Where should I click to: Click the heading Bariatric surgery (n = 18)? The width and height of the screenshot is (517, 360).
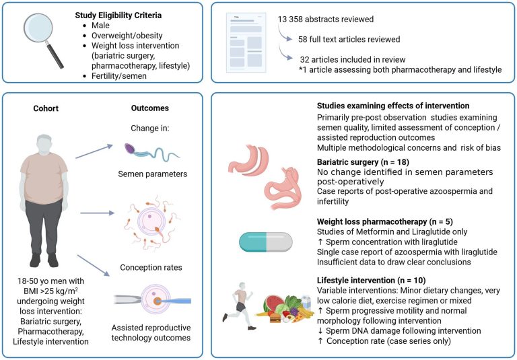click(362, 162)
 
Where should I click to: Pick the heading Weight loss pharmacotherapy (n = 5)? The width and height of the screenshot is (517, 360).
click(379, 221)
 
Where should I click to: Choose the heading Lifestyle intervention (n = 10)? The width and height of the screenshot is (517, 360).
click(370, 279)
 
